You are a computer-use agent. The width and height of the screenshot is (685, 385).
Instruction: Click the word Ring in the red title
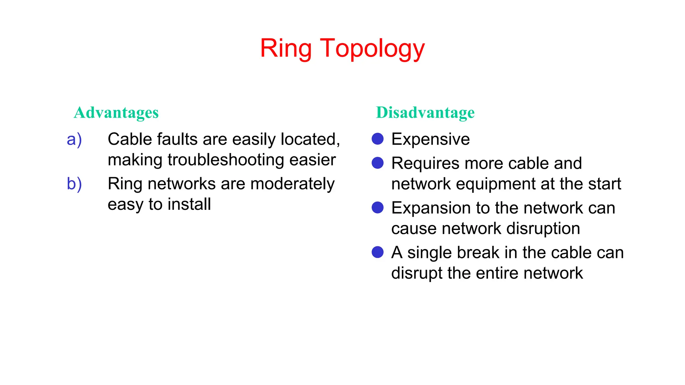coord(286,49)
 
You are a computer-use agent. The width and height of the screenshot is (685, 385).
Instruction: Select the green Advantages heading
coord(116,113)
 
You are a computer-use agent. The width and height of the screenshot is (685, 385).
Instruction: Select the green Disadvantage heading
coord(425,113)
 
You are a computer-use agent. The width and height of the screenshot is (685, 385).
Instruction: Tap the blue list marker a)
coord(74,140)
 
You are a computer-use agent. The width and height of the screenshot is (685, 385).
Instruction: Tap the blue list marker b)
coord(74,184)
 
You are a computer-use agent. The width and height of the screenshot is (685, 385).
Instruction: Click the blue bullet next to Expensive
coord(378,139)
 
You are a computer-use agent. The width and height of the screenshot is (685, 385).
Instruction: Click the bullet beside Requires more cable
coord(378,163)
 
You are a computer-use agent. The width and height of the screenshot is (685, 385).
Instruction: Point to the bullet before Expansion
coord(378,208)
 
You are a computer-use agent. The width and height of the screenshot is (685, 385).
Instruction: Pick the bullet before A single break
coord(378,252)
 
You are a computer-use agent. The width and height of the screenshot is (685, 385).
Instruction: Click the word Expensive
coord(430,139)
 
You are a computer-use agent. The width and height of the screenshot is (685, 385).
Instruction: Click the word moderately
coord(292,184)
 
